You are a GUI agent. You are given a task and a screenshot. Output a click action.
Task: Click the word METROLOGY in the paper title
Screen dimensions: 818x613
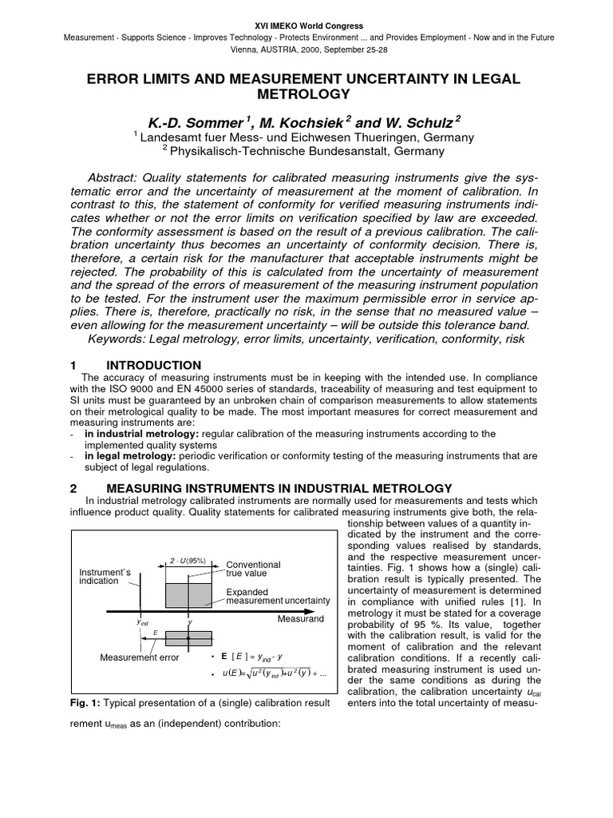(x=306, y=94)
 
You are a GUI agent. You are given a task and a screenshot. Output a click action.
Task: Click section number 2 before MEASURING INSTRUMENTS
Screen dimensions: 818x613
(x=73, y=487)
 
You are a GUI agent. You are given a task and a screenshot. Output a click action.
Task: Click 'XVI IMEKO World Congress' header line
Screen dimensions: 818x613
(x=306, y=26)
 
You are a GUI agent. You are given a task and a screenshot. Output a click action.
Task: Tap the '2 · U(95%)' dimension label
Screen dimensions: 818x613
(x=188, y=561)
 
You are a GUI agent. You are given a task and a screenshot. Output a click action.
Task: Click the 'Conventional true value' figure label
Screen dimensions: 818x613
(x=253, y=568)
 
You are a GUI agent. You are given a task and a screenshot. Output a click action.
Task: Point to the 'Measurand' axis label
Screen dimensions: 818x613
(x=300, y=619)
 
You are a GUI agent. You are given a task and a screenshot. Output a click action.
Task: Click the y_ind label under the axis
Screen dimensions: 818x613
(x=143, y=621)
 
